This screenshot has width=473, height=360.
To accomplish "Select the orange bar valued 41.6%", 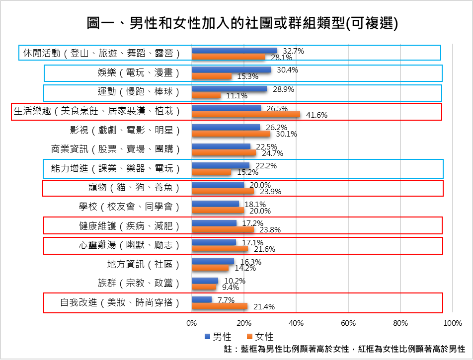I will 245,115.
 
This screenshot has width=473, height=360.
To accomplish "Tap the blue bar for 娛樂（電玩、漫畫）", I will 231,70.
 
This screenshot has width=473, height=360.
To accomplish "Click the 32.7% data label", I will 293,51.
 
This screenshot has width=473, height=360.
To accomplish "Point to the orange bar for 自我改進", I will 219,306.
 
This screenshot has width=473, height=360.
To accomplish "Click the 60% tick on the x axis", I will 348,323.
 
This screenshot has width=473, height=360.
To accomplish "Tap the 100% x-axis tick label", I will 452,323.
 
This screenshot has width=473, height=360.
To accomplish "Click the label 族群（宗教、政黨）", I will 138,283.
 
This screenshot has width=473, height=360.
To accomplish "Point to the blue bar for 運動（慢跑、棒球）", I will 229,89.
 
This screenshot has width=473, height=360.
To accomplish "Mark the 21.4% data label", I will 264,307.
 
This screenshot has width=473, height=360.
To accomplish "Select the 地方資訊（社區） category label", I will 143,264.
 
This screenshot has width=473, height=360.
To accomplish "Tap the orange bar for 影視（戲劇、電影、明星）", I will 231,134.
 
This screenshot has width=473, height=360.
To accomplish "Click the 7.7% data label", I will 226,300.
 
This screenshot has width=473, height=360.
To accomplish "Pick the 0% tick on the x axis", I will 191,323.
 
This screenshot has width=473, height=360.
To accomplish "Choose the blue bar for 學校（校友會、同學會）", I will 215,204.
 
